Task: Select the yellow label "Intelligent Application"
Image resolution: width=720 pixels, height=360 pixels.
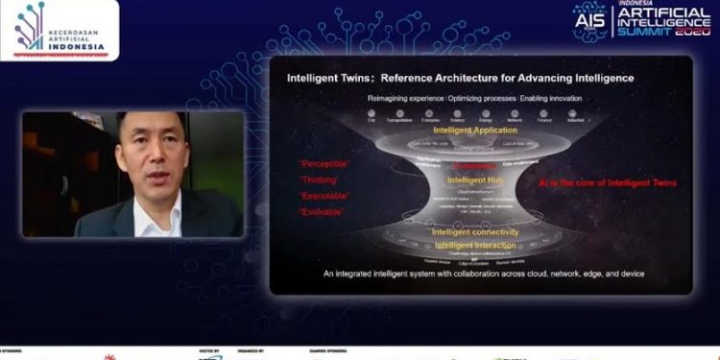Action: click(476, 130)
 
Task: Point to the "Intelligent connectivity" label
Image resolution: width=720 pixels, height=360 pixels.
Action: click(475, 232)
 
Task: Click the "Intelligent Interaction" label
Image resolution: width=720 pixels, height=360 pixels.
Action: click(475, 246)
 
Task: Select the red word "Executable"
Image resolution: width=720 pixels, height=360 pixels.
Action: click(324, 195)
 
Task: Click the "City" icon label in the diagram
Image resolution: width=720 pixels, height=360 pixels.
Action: click(372, 120)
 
